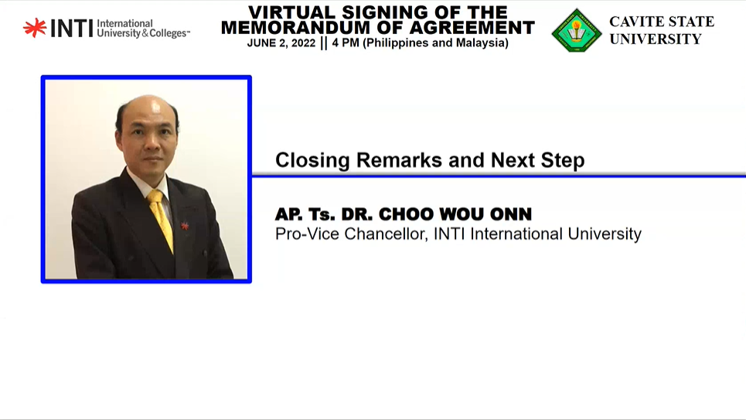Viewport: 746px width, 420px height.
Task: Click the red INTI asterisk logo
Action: [35, 28]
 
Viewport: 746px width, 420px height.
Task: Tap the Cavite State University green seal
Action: [577, 30]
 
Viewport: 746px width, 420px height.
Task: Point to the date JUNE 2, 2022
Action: [281, 43]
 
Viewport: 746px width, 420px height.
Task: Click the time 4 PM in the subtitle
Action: [346, 43]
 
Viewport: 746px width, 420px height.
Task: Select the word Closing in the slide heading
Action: [312, 161]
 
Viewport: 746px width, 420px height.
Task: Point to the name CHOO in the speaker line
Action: [405, 214]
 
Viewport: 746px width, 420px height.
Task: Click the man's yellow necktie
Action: [161, 220]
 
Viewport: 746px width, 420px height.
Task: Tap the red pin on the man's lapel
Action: [185, 225]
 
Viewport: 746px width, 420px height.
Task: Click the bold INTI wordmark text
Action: [71, 29]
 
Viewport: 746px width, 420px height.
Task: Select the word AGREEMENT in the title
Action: [472, 28]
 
